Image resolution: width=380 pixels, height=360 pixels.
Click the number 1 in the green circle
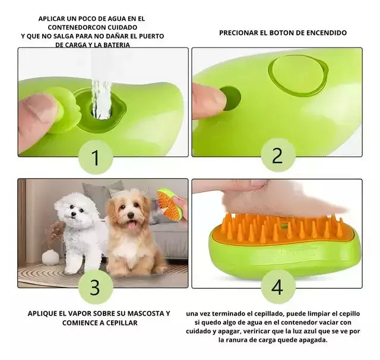(x=95, y=157)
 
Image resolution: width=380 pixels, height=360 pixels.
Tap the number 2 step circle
(x=277, y=155)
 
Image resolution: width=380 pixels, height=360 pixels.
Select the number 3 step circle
(x=95, y=287)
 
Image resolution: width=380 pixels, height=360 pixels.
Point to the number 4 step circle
(x=277, y=287)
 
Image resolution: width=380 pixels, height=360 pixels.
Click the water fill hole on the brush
(x=102, y=107)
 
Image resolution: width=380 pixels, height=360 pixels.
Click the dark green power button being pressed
(x=229, y=98)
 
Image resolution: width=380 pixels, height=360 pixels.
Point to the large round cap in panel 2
(x=297, y=75)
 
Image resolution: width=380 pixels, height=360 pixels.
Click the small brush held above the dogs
(x=170, y=205)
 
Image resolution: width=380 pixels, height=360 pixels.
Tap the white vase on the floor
(x=50, y=257)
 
